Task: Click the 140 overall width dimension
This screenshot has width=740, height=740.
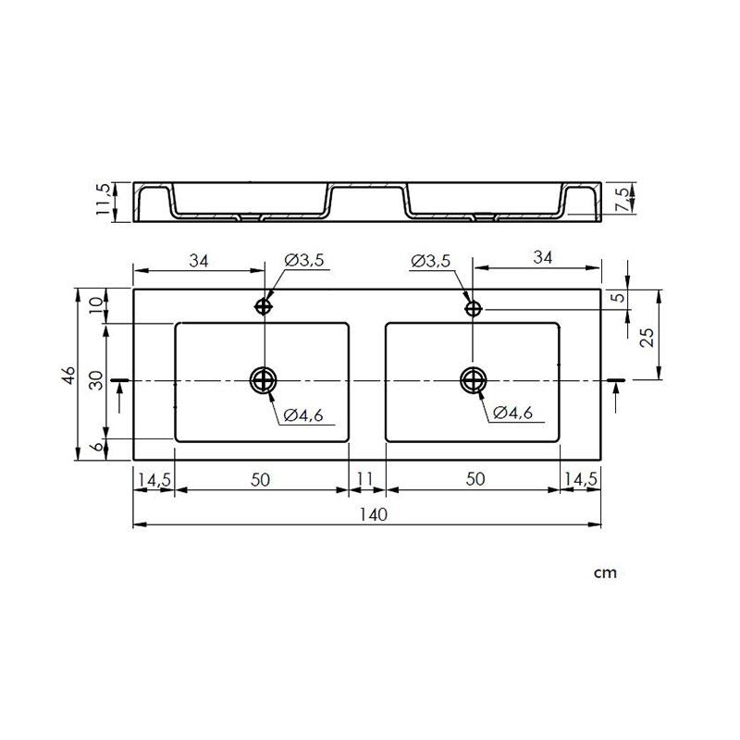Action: coord(366,514)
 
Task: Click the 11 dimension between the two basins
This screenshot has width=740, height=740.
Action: coord(365,479)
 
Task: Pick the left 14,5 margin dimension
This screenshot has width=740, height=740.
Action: coord(154,479)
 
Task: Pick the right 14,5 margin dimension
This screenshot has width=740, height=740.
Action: coord(580,479)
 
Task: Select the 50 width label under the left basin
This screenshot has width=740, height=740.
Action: coord(261,479)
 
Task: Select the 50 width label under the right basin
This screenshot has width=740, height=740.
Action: coord(474,479)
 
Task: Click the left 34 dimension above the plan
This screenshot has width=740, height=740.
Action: coord(198,260)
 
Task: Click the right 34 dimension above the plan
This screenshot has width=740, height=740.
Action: coord(542,260)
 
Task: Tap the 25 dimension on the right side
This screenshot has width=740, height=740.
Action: coord(647,337)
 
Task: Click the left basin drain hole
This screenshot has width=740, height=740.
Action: coord(264,379)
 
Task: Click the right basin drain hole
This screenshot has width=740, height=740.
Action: coord(474,379)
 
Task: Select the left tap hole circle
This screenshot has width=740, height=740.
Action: coord(265,307)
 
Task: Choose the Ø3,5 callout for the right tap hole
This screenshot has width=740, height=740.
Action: coord(430,262)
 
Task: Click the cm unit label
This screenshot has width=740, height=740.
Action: coord(605,573)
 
